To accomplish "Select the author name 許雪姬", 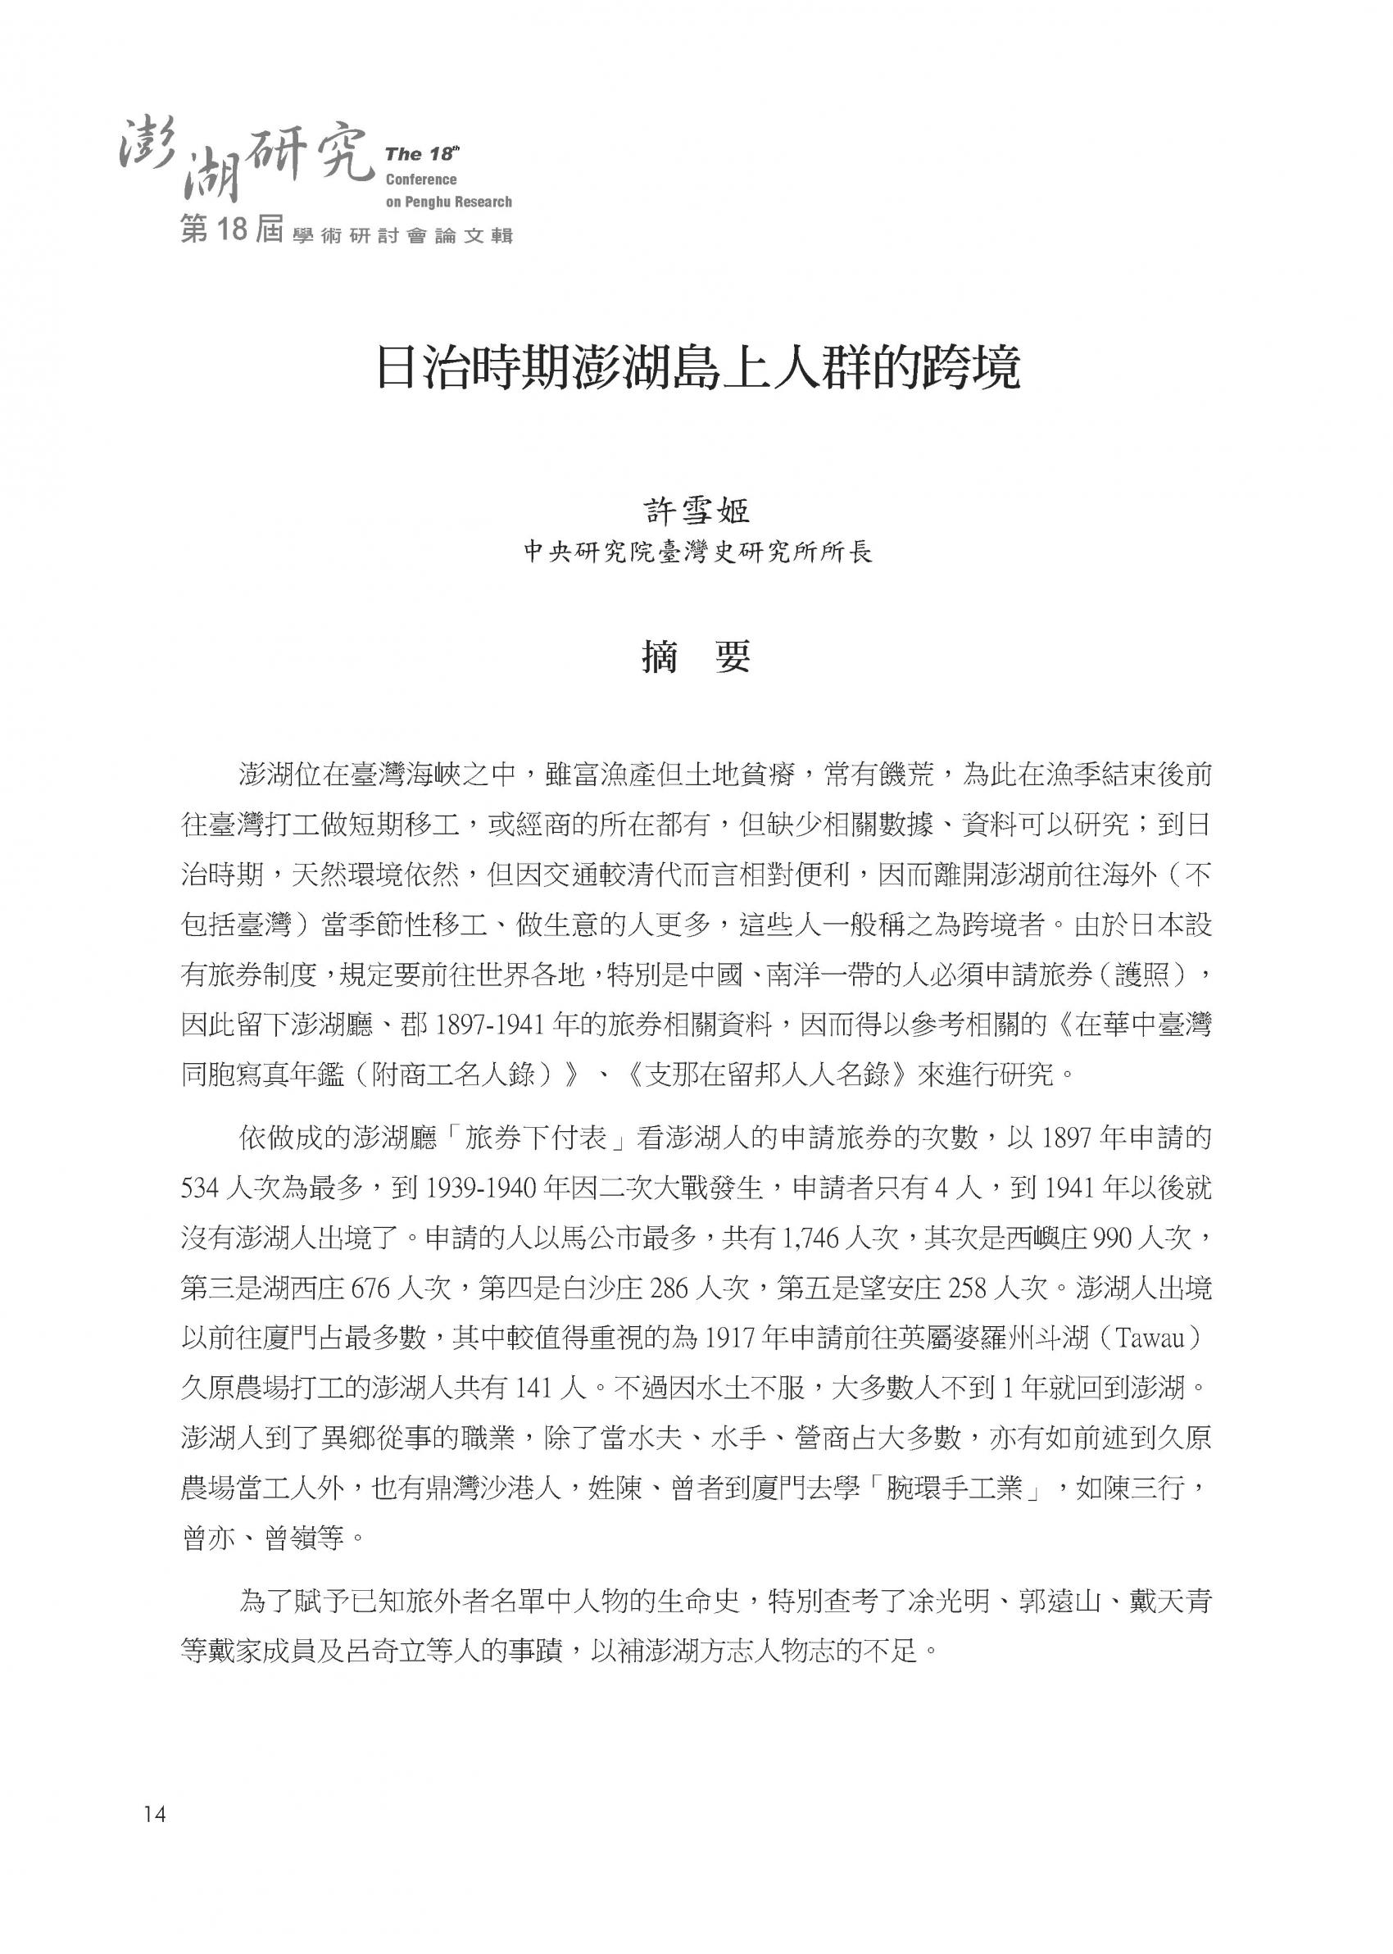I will point(696,511).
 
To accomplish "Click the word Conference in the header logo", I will point(421,180).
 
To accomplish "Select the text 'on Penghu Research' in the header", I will point(448,202).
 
